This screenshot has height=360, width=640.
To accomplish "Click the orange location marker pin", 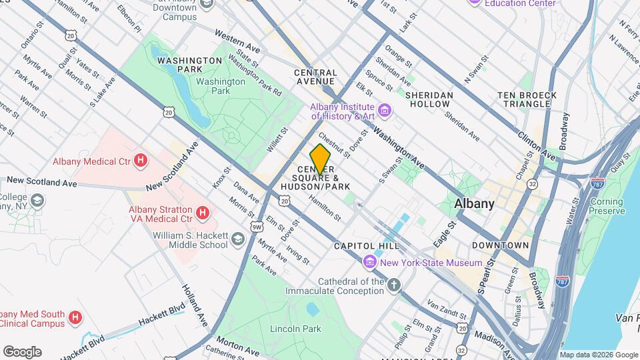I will [x=321, y=159].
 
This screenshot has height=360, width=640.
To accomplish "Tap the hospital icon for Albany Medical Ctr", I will [x=141, y=161].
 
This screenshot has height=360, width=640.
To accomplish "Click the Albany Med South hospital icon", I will [x=75, y=318].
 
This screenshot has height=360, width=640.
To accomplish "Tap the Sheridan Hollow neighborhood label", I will [x=429, y=100].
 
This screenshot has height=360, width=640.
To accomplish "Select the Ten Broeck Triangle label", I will [x=527, y=100].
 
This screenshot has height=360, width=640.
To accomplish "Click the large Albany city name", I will [x=474, y=204].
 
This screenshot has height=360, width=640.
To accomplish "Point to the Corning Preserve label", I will [x=607, y=206].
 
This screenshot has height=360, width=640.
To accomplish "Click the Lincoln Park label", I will [x=295, y=329].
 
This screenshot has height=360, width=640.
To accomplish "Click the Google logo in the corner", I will [x=22, y=352].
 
